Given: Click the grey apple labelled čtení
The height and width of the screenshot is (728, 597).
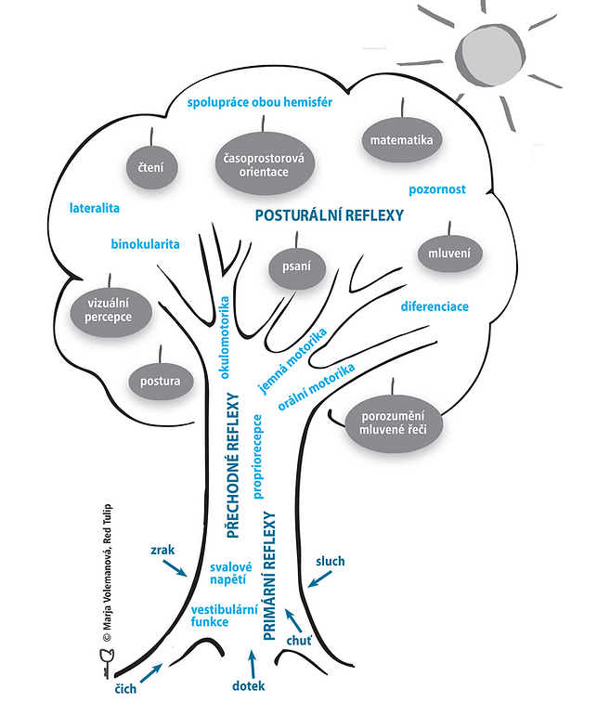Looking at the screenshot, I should [x=152, y=168].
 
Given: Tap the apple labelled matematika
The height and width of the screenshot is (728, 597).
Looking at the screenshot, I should [x=400, y=141].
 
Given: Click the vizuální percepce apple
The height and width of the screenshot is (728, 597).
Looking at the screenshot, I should [x=110, y=309].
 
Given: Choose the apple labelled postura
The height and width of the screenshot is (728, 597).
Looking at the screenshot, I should [x=160, y=381].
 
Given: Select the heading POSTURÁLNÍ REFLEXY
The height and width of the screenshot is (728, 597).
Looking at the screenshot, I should [x=329, y=214].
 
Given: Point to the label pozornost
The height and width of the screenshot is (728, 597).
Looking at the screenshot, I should [x=436, y=189].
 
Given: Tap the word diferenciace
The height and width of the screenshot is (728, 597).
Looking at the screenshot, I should [x=435, y=306].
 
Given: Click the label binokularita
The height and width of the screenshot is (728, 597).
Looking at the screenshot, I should [x=145, y=245].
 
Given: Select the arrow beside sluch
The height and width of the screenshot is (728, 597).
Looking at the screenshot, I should [x=319, y=578].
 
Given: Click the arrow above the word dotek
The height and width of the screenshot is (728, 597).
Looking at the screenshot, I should [x=250, y=663].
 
